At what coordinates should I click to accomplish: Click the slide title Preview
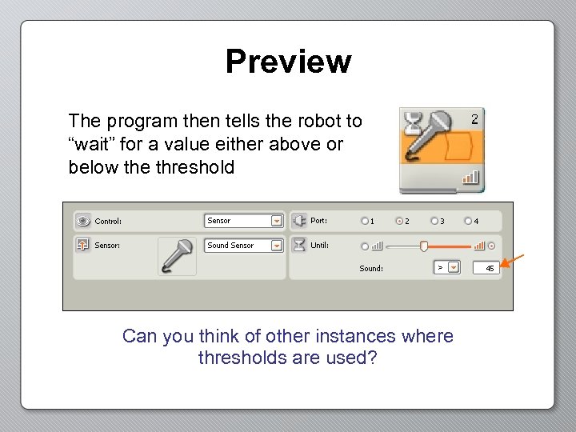[x=288, y=62]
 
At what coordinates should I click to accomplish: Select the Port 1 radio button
[x=365, y=221]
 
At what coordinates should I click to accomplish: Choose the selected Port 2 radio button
[x=399, y=221]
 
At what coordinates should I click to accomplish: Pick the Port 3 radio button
[x=434, y=221]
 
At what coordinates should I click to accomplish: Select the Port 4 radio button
[x=468, y=221]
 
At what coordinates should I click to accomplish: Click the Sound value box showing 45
[x=486, y=269]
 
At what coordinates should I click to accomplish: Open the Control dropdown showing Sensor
[x=277, y=221]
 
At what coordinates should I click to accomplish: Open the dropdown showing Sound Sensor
[x=277, y=246]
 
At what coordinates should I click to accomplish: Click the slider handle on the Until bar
[x=424, y=246]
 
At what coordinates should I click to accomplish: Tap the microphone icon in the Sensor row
[x=177, y=257]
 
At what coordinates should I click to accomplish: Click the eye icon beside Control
[x=82, y=221]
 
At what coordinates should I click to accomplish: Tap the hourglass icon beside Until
[x=298, y=245]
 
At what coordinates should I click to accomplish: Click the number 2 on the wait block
[x=474, y=119]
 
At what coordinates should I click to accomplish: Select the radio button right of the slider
[x=491, y=246]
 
